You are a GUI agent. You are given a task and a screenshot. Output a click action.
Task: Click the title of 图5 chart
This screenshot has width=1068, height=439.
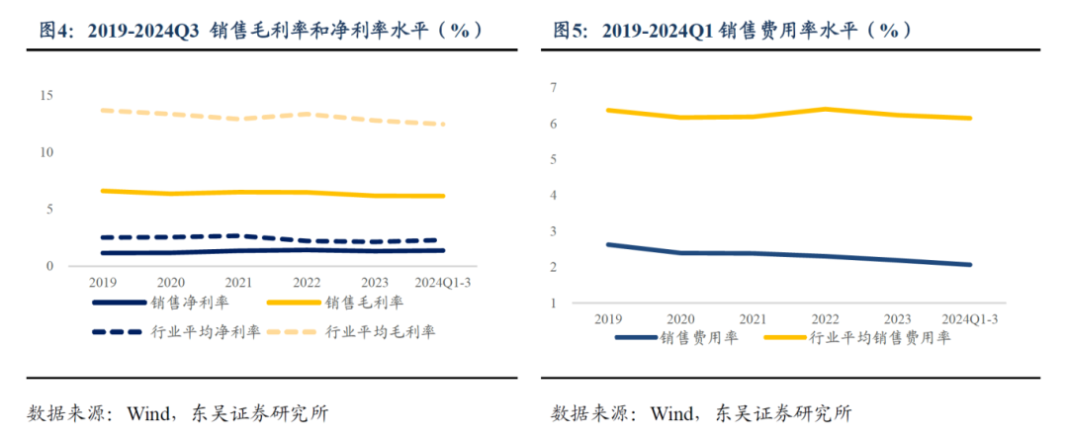(732, 32)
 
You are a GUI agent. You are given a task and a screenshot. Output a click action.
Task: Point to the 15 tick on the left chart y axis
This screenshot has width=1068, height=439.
(45, 95)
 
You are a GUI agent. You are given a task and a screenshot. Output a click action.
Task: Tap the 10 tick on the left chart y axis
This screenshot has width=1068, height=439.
(45, 152)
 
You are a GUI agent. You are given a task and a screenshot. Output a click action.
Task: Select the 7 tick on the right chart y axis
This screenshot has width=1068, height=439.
(555, 88)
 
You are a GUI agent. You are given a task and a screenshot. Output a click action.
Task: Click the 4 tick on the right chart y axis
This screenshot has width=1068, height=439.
(555, 196)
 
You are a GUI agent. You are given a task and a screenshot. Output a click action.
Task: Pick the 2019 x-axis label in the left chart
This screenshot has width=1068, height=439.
(103, 281)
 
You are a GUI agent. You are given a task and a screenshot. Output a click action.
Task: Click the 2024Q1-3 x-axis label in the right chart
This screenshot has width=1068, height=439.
(970, 318)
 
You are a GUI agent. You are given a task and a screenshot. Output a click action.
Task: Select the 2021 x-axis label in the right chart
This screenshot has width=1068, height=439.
(754, 318)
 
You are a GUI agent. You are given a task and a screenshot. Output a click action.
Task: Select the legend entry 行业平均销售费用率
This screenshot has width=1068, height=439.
(879, 338)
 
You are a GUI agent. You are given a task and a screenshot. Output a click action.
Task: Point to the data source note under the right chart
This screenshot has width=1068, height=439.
(701, 412)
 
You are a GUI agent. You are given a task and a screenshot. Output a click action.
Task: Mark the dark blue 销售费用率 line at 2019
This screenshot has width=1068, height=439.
(607, 244)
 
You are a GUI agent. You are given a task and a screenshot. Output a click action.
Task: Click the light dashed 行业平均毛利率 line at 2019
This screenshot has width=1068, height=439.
(103, 110)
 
